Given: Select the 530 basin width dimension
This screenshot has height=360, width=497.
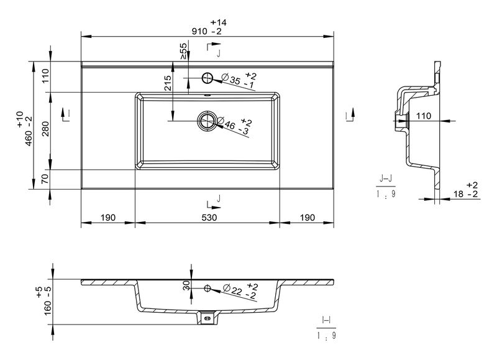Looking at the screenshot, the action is pos(209,218).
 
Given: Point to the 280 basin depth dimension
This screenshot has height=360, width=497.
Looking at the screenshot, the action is pos(46,129).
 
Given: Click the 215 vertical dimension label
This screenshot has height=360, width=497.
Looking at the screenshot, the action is pos(168,83).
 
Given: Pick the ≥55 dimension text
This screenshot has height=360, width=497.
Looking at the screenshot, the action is pos(184,51).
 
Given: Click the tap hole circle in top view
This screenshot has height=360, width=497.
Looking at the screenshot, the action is pos(207,78).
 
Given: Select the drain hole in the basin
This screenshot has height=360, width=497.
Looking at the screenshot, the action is pos(207,121).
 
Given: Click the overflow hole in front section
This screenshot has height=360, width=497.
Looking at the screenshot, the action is pos(207,288).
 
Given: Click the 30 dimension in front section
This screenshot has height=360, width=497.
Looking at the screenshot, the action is pos(186,285).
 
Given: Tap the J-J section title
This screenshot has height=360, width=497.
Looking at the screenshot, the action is pos(385,180).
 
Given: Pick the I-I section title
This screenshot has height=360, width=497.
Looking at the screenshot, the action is pos(326,320).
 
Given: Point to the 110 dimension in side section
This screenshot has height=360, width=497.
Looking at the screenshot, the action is pos(424,116).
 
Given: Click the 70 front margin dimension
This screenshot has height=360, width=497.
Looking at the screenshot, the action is pos(45,179).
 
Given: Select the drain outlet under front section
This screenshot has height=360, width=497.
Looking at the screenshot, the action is pos(207,318).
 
